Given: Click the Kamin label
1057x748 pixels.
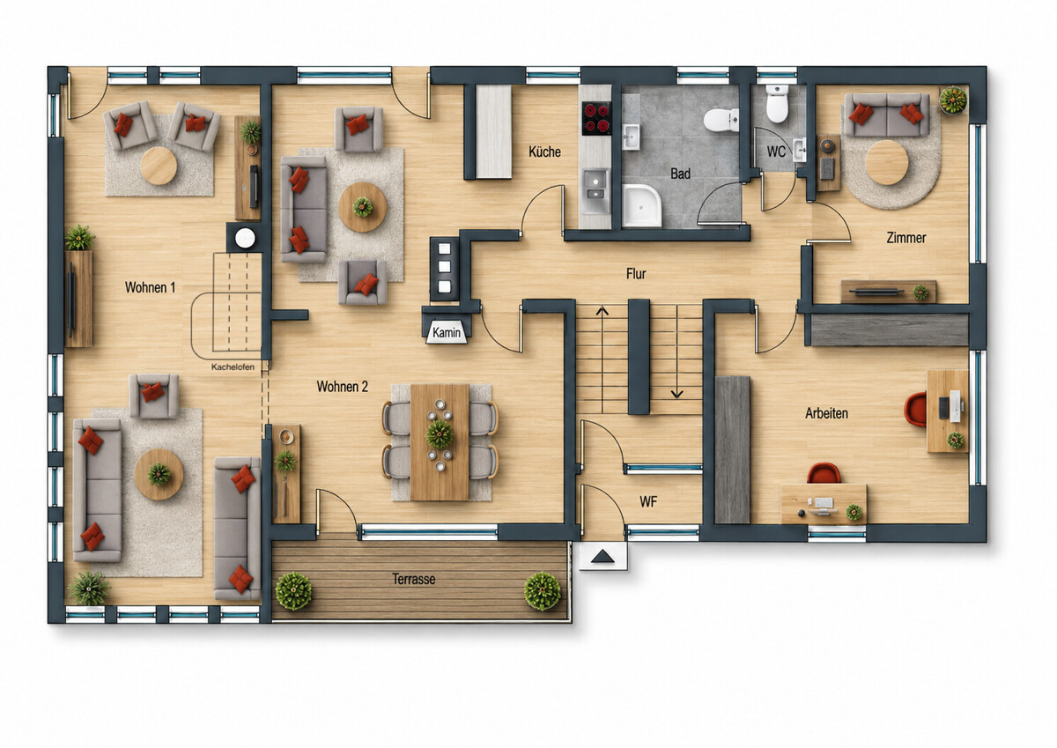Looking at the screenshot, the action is [447, 333].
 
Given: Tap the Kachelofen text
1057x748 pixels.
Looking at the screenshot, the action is [233, 367].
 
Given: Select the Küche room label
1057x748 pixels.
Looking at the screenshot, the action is [544, 152].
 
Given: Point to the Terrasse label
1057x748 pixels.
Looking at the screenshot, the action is [413, 579].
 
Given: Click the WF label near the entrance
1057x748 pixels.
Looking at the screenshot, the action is [648, 501].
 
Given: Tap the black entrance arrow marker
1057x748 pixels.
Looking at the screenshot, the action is [602, 557].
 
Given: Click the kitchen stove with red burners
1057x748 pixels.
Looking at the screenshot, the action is [596, 118].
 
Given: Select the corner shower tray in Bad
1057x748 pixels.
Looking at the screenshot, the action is [642, 206].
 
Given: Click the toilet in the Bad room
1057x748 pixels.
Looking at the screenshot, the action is [721, 120].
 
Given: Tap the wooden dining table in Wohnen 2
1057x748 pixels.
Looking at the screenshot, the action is [440, 442].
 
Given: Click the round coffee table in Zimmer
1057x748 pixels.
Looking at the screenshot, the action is [887, 162].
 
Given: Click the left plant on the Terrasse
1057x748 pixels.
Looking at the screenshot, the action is [293, 591].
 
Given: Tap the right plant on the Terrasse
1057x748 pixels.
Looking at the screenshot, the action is [543, 591].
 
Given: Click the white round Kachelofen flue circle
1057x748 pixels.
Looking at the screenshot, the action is [245, 239].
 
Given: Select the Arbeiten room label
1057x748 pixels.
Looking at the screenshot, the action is [826, 413].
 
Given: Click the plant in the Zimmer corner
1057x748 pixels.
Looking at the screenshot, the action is [953, 100].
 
